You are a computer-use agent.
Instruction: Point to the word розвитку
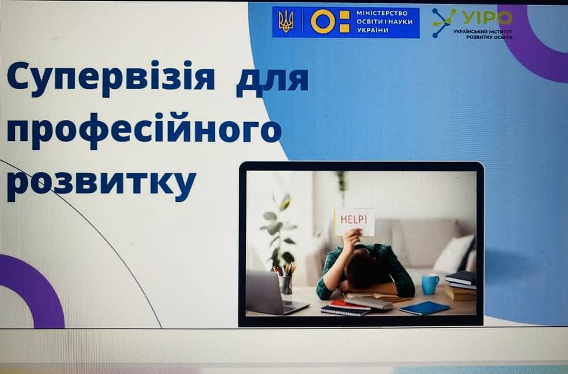tap(102, 182)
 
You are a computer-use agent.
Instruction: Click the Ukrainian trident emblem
tap(286, 22)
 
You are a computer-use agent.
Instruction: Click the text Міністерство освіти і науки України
tap(385, 22)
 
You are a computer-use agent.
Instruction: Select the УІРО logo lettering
tap(487, 18)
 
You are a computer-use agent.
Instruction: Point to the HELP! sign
tap(354, 222)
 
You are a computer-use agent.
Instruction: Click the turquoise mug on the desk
tap(429, 284)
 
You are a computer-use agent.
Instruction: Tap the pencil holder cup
tap(286, 284)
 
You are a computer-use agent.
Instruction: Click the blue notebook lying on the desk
tap(424, 307)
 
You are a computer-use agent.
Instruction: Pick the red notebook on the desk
tap(349, 305)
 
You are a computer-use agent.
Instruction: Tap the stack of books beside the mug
tap(461, 285)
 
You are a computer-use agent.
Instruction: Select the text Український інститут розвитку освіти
tap(483, 35)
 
